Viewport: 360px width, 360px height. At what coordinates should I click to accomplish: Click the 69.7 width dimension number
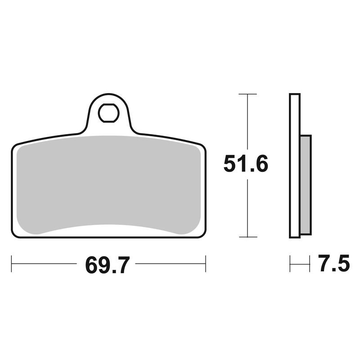(108, 265)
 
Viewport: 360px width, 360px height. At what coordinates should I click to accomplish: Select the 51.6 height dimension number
(246, 164)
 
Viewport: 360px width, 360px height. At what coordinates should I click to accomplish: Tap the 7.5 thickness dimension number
(334, 263)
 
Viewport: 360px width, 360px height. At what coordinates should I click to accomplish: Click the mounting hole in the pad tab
(108, 113)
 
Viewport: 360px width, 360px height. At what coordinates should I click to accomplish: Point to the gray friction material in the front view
(108, 184)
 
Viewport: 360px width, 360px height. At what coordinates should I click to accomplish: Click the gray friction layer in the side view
(306, 185)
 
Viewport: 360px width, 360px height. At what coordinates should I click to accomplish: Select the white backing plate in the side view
(295, 166)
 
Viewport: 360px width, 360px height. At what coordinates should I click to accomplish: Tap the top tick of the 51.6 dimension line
(247, 94)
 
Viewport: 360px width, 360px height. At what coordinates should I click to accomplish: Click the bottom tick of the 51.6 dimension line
(248, 237)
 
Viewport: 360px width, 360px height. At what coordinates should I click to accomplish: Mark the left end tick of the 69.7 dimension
(12, 264)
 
